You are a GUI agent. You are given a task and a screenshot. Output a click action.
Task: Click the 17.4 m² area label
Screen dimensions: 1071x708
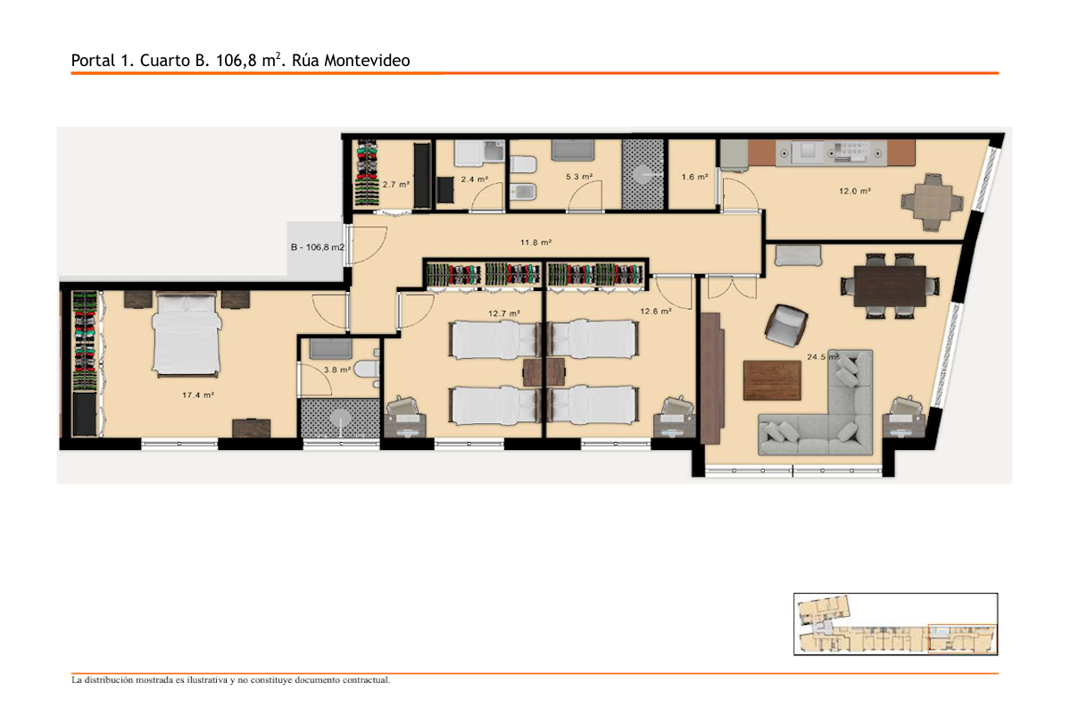tap(198, 396)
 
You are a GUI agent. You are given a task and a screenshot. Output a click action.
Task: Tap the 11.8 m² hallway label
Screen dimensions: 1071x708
tap(536, 243)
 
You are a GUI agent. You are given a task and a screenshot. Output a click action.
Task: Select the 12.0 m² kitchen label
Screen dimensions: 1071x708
tap(855, 191)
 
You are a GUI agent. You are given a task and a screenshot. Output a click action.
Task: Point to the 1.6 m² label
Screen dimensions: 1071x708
tap(694, 177)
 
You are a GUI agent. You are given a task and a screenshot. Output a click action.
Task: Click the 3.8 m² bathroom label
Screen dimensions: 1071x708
tap(337, 370)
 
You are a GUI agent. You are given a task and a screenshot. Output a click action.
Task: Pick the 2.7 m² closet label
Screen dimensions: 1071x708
tap(396, 184)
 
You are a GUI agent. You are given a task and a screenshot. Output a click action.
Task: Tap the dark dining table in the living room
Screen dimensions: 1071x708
tap(890, 286)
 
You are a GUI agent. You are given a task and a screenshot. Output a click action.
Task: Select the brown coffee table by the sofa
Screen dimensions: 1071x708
tap(772, 380)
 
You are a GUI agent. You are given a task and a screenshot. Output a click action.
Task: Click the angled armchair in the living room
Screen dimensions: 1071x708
tap(786, 325)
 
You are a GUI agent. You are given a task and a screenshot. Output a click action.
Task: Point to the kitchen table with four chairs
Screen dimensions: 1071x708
tap(933, 203)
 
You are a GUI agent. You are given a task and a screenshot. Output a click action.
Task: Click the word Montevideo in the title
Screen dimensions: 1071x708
tap(367, 61)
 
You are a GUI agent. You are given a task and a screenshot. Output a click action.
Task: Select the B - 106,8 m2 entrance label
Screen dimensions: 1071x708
tap(318, 247)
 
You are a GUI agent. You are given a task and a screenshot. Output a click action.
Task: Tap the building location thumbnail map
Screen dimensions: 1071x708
tap(895, 624)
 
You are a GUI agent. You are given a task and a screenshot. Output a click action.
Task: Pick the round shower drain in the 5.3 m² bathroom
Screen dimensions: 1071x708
tap(643, 175)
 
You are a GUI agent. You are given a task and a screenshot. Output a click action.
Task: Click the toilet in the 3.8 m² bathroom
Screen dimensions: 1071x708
tap(367, 369)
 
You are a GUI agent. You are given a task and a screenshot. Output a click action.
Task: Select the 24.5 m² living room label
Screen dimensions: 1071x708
tap(822, 357)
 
